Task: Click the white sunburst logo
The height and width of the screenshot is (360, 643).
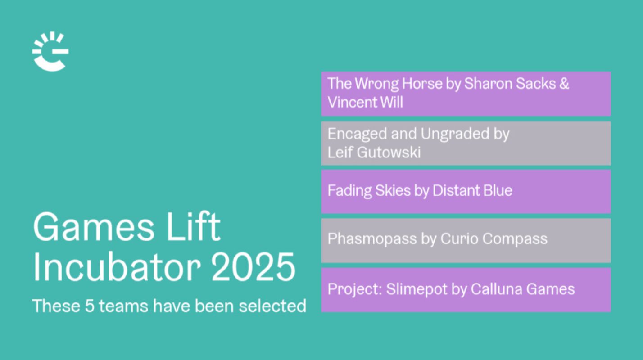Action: click(x=50, y=51)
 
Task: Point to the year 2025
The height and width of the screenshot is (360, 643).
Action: click(x=253, y=267)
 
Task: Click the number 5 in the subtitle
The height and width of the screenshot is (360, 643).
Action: click(x=89, y=306)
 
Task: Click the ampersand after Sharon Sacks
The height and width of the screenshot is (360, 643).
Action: click(x=564, y=84)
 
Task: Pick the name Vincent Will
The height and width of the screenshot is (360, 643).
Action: click(x=365, y=102)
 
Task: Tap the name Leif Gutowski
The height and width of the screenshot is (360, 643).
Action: click(x=374, y=153)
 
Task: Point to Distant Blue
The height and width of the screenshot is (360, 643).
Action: click(x=472, y=191)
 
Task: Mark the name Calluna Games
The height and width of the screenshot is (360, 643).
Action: click(x=523, y=289)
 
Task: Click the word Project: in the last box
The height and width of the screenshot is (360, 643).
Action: click(x=354, y=289)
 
